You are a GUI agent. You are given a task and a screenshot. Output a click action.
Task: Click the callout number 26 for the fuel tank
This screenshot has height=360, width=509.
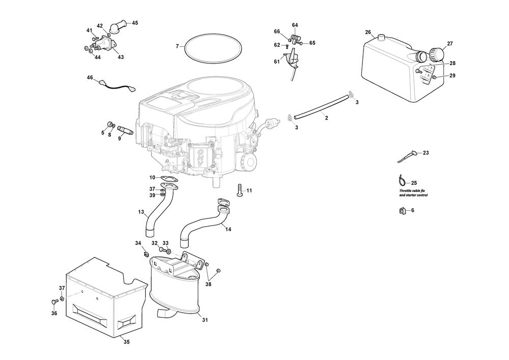(x=367, y=33)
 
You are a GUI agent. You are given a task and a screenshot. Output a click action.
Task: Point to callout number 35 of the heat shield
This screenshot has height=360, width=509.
(x=126, y=342)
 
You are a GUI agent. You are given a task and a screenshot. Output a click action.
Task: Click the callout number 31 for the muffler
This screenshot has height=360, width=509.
(x=205, y=320)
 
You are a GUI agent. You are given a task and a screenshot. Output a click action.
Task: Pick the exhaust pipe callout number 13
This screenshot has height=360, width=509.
(x=141, y=211)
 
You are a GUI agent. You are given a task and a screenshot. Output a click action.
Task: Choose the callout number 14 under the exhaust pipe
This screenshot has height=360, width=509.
(x=229, y=230)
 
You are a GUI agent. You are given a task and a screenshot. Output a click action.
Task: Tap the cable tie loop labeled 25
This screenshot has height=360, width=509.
(x=402, y=180)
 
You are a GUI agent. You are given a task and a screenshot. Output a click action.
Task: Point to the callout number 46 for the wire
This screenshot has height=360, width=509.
(x=90, y=77)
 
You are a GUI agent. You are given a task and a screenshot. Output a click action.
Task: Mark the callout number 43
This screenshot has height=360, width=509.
(x=121, y=57)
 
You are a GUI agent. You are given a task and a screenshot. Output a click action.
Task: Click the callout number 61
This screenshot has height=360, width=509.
(x=277, y=62)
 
